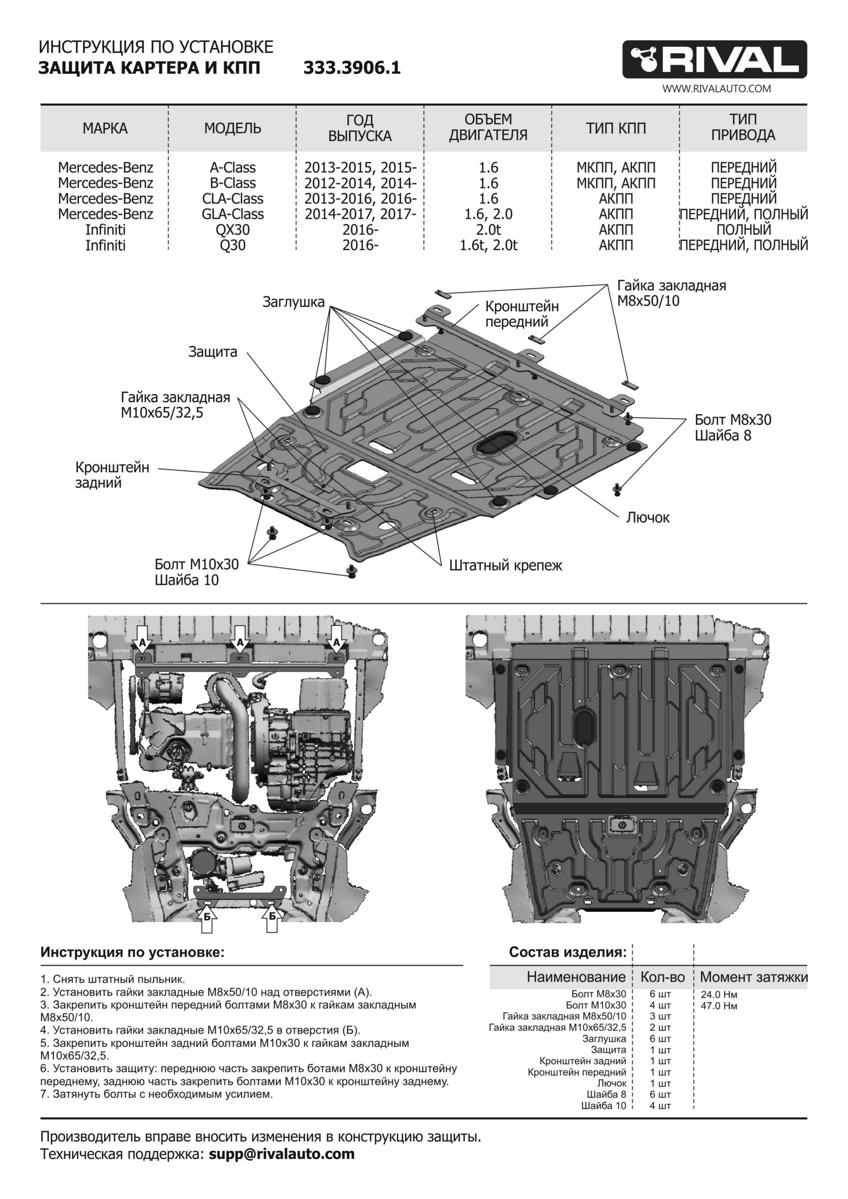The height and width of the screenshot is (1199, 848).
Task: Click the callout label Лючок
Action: (647, 517)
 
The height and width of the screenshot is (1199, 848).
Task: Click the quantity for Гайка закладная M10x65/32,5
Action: (660, 1028)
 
